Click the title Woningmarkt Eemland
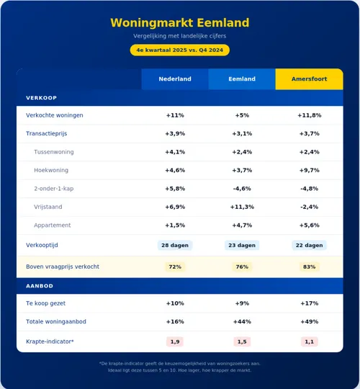coord(180,22)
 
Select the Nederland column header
coord(175,79)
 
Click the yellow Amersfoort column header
coord(309,79)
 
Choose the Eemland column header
coord(242,79)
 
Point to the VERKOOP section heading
coord(41,97)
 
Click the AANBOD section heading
coord(40,285)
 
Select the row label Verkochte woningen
coord(55,115)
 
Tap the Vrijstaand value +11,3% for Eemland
coord(242,207)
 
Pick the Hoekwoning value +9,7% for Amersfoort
coord(309,170)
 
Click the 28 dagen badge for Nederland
coord(175,245)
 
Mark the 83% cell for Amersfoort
coord(309,267)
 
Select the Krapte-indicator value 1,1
coord(309,341)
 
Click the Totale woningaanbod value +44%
coord(242,322)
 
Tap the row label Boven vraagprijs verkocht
coord(63,267)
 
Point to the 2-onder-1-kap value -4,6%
coord(242,189)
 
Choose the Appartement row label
coord(52,225)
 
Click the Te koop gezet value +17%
coord(309,303)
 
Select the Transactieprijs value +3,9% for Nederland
coord(175,133)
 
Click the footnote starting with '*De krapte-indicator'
coord(180,367)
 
